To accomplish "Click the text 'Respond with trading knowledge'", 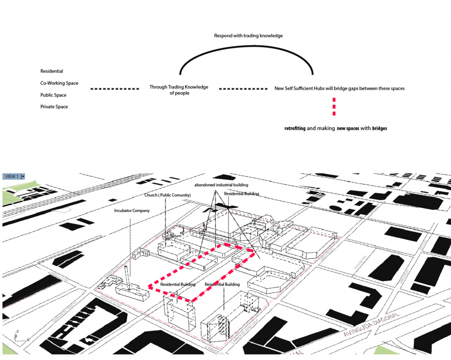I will click(248, 36).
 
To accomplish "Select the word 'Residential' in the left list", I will click(52, 71).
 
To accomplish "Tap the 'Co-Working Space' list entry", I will click(59, 83).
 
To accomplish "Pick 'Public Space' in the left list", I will click(53, 95).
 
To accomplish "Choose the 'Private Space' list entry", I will click(54, 107).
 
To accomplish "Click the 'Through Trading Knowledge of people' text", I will click(179, 90).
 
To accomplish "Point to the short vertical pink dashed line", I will click(334, 107).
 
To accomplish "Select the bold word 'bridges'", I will click(380, 129).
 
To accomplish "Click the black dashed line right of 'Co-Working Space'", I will click(115, 89).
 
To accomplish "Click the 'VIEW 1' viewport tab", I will click(11, 176).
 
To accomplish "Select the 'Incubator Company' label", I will click(132, 211).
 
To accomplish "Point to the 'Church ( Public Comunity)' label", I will click(167, 195).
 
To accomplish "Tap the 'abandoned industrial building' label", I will click(222, 185).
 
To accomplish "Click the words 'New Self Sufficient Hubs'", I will click(299, 88).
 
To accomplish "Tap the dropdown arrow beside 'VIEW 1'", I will click(23, 176).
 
